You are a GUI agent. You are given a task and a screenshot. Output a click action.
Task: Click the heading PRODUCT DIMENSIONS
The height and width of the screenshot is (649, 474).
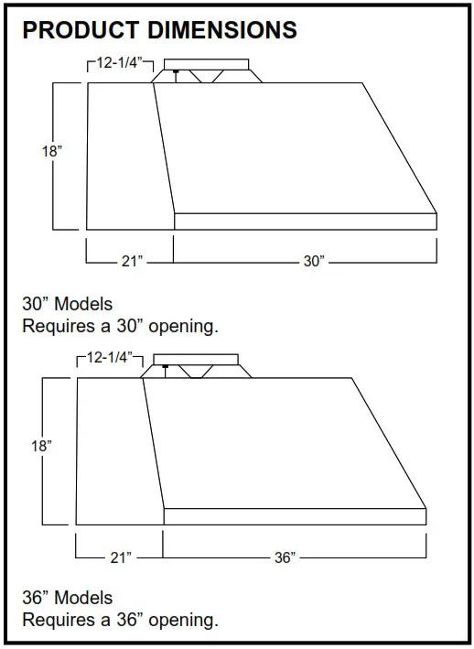click(x=159, y=30)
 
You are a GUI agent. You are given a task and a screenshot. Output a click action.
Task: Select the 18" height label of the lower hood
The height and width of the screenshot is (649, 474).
click(x=41, y=447)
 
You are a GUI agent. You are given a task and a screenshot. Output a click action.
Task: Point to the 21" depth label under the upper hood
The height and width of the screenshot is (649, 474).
click(x=132, y=262)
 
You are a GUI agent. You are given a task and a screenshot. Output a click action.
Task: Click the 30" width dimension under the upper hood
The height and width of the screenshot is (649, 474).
click(x=314, y=262)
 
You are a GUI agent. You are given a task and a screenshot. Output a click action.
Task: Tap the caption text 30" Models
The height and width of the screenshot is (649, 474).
click(x=68, y=304)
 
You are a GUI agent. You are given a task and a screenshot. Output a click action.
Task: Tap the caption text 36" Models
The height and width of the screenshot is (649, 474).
click(x=68, y=598)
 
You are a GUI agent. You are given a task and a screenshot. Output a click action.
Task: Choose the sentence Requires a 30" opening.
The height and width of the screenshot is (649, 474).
click(x=120, y=325)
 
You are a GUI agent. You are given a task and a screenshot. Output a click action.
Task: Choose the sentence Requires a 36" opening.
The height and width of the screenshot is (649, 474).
click(x=120, y=620)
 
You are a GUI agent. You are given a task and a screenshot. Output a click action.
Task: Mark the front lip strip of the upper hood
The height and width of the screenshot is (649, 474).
click(x=305, y=221)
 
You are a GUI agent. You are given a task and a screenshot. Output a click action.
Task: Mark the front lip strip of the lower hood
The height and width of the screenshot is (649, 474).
click(x=295, y=516)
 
